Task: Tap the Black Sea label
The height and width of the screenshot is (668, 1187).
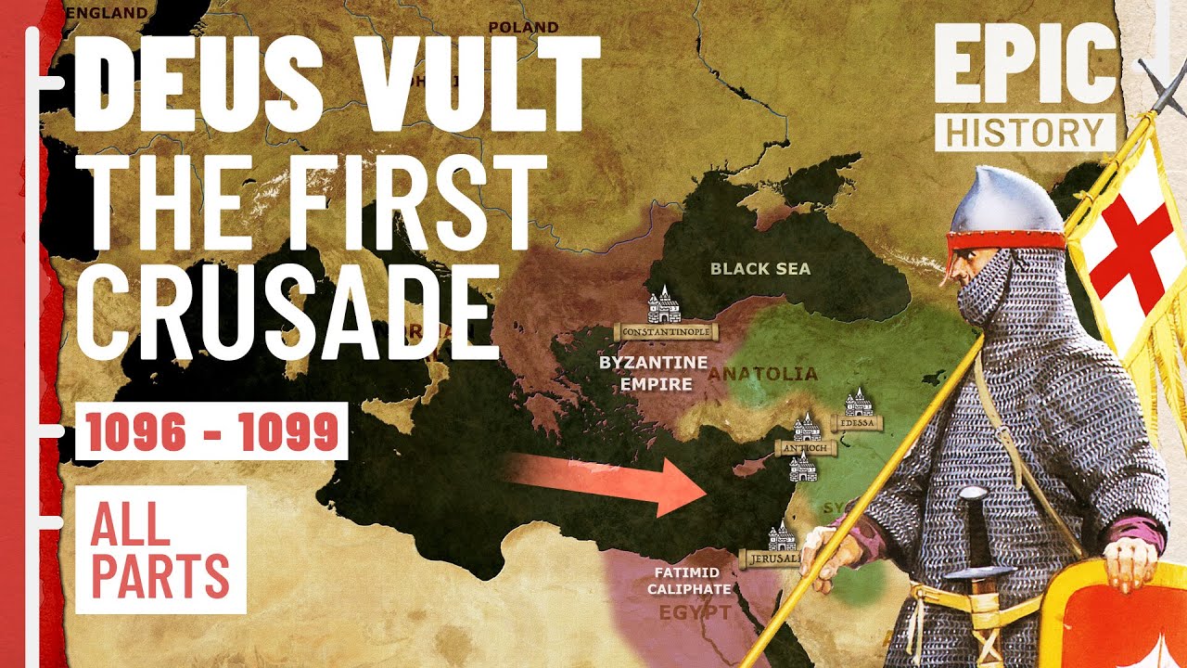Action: click(x=759, y=269)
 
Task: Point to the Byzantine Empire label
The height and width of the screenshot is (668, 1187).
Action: click(x=653, y=372)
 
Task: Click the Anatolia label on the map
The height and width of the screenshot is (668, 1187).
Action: click(x=764, y=375)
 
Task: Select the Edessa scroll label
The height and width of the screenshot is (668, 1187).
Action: click(x=857, y=423)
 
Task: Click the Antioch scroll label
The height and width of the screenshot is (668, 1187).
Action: click(x=806, y=448)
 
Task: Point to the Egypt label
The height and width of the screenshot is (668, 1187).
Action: click(x=695, y=613)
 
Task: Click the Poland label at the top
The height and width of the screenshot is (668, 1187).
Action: click(x=523, y=27)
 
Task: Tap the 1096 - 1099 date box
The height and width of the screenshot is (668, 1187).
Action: click(x=211, y=431)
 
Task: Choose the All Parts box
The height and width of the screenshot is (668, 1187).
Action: click(x=160, y=549)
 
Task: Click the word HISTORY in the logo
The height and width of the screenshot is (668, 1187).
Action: click(x=1025, y=132)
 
